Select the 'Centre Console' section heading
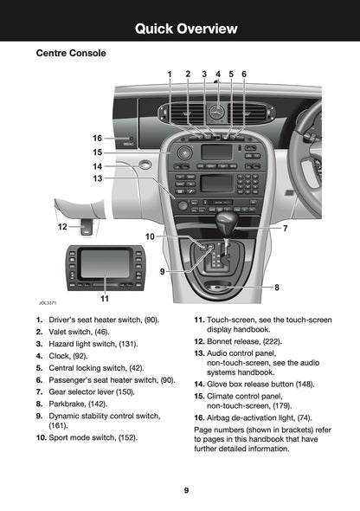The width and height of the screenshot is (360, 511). tap(71, 54)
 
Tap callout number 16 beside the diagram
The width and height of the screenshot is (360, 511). tap(98, 138)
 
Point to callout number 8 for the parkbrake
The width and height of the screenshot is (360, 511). tap(276, 287)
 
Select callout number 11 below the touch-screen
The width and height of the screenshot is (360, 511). tap(104, 299)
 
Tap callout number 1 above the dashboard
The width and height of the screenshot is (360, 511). tap(170, 74)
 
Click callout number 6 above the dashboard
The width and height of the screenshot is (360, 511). tap(244, 74)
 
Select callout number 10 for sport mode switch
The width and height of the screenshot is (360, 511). tap(150, 236)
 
